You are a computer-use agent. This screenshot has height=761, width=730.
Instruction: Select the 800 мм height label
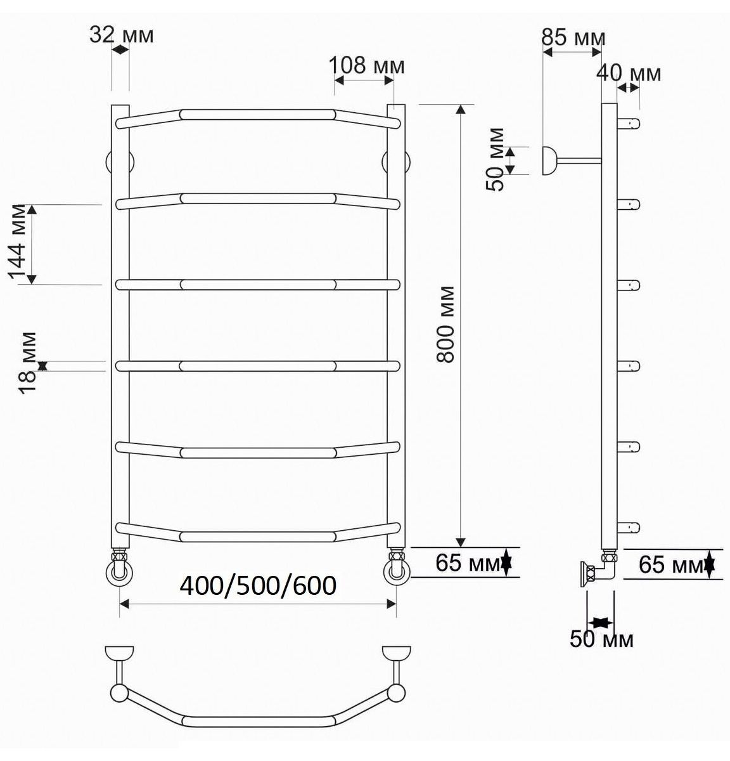(446, 325)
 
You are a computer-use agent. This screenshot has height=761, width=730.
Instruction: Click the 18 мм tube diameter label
(28, 363)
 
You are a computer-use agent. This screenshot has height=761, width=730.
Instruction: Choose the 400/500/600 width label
(258, 585)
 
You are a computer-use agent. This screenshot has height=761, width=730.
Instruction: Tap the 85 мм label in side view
(573, 37)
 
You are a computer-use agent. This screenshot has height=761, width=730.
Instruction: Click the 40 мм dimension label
(629, 73)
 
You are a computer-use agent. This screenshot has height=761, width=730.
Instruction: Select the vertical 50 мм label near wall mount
(495, 159)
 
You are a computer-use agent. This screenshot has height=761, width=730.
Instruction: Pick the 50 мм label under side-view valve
(601, 639)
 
